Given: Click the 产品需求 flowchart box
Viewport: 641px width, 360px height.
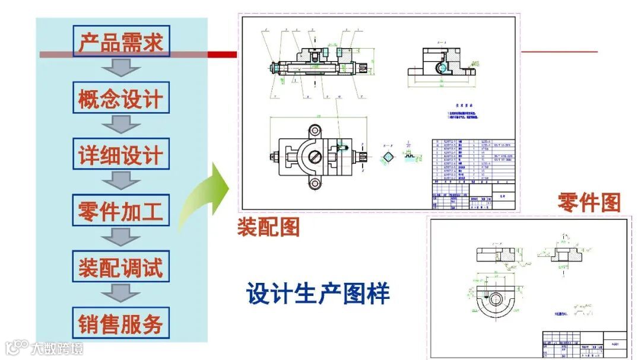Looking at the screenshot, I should coord(120,41).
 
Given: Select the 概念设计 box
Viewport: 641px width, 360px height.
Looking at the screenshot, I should coord(120,98).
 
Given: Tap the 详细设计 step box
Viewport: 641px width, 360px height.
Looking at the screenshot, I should coord(120,154).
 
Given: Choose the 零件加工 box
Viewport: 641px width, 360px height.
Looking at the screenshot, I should coord(120,211).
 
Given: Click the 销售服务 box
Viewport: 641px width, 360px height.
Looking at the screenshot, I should coord(120,323).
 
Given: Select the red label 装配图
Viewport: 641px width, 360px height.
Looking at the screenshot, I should coord(268,227).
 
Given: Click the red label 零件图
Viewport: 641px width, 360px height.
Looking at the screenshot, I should coord(588,203).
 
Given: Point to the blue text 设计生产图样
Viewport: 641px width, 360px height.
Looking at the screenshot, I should coord(318,293).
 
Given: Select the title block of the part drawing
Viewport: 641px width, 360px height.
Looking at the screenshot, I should coord(584,344).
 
